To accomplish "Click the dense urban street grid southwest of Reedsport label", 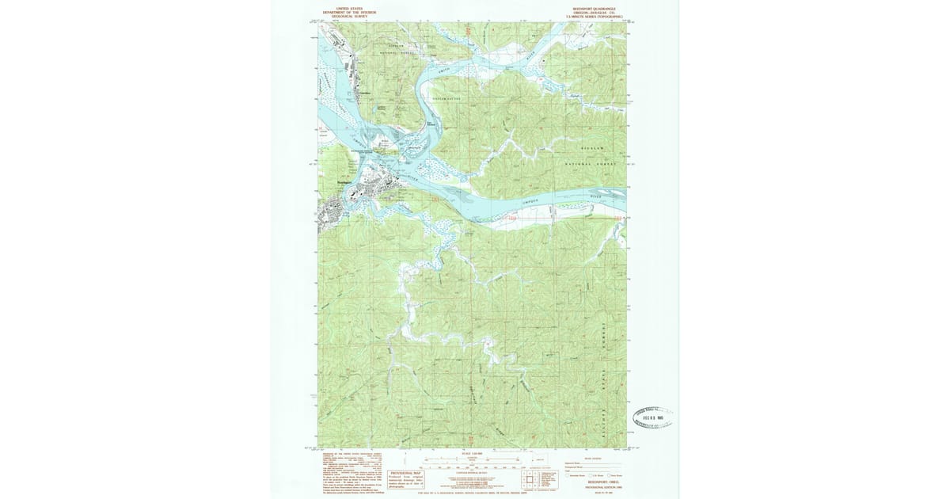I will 332,211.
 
